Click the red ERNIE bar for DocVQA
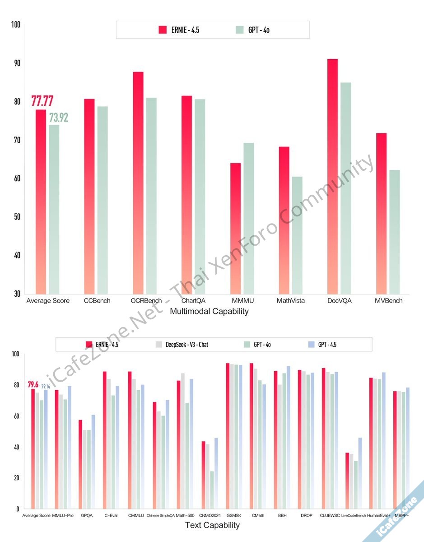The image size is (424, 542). [x=332, y=176]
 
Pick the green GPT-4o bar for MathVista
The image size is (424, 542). [x=297, y=235]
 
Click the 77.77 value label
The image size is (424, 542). [x=42, y=101]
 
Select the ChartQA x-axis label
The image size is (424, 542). [x=193, y=300]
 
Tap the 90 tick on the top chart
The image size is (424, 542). [x=17, y=63]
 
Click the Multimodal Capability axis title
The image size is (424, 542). [x=209, y=311]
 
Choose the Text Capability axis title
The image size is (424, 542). [x=212, y=525]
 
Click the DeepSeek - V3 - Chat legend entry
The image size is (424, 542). [x=181, y=345]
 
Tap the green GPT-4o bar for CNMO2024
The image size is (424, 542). [x=212, y=490]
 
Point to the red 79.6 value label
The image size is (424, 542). [x=33, y=385]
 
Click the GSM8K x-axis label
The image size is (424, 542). [x=234, y=515]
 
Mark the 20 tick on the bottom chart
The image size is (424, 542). [x=16, y=478]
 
